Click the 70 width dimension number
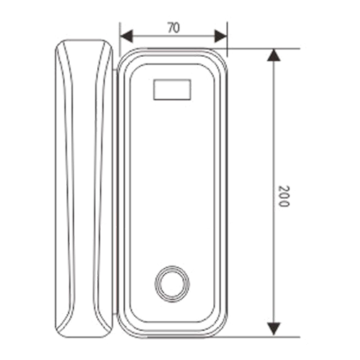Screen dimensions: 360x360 174,28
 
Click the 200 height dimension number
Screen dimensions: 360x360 284,196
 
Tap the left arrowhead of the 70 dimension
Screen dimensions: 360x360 126,37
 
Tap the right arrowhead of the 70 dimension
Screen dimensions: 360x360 221,37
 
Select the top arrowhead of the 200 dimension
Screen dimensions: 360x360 274,55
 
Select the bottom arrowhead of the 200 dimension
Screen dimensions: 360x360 274,329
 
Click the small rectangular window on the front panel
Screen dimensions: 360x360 172,89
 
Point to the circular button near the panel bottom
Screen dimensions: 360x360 172,284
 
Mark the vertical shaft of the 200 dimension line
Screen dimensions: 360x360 274,192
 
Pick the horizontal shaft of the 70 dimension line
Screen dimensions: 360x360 174,37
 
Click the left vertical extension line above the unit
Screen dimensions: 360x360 120,40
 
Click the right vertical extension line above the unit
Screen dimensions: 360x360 228,40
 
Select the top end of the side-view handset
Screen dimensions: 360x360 84,40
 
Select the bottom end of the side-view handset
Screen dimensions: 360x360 84,337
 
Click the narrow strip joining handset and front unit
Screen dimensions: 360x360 115,192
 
